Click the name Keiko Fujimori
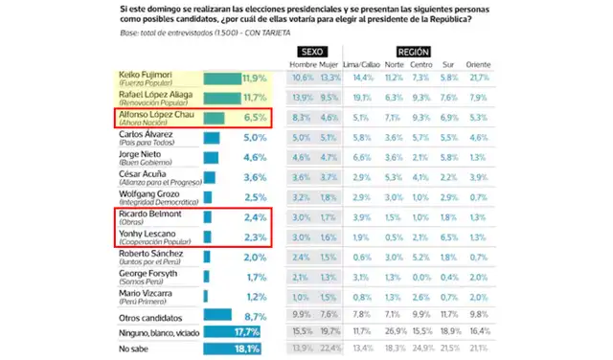(144, 74)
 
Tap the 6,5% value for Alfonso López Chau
(253, 118)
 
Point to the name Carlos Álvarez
(146, 137)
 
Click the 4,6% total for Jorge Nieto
(253, 157)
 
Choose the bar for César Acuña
(210, 177)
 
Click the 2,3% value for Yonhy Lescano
(253, 236)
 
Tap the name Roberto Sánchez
(148, 257)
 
